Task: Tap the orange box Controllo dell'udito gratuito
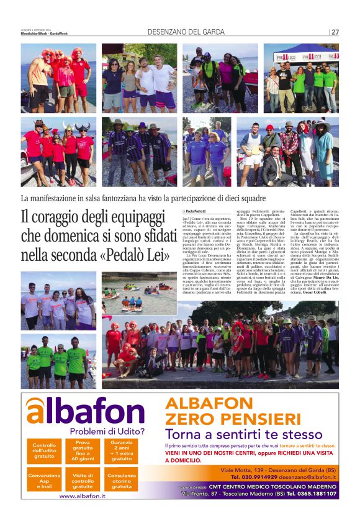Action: click(44, 451)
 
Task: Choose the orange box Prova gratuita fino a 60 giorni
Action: click(83, 451)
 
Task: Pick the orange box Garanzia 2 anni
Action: click(122, 451)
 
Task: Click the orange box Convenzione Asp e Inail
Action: click(44, 480)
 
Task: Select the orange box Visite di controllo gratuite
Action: click(83, 480)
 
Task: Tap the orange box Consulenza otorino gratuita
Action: click(122, 480)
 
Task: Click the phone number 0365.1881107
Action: click(313, 494)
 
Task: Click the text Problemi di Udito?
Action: click(107, 431)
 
